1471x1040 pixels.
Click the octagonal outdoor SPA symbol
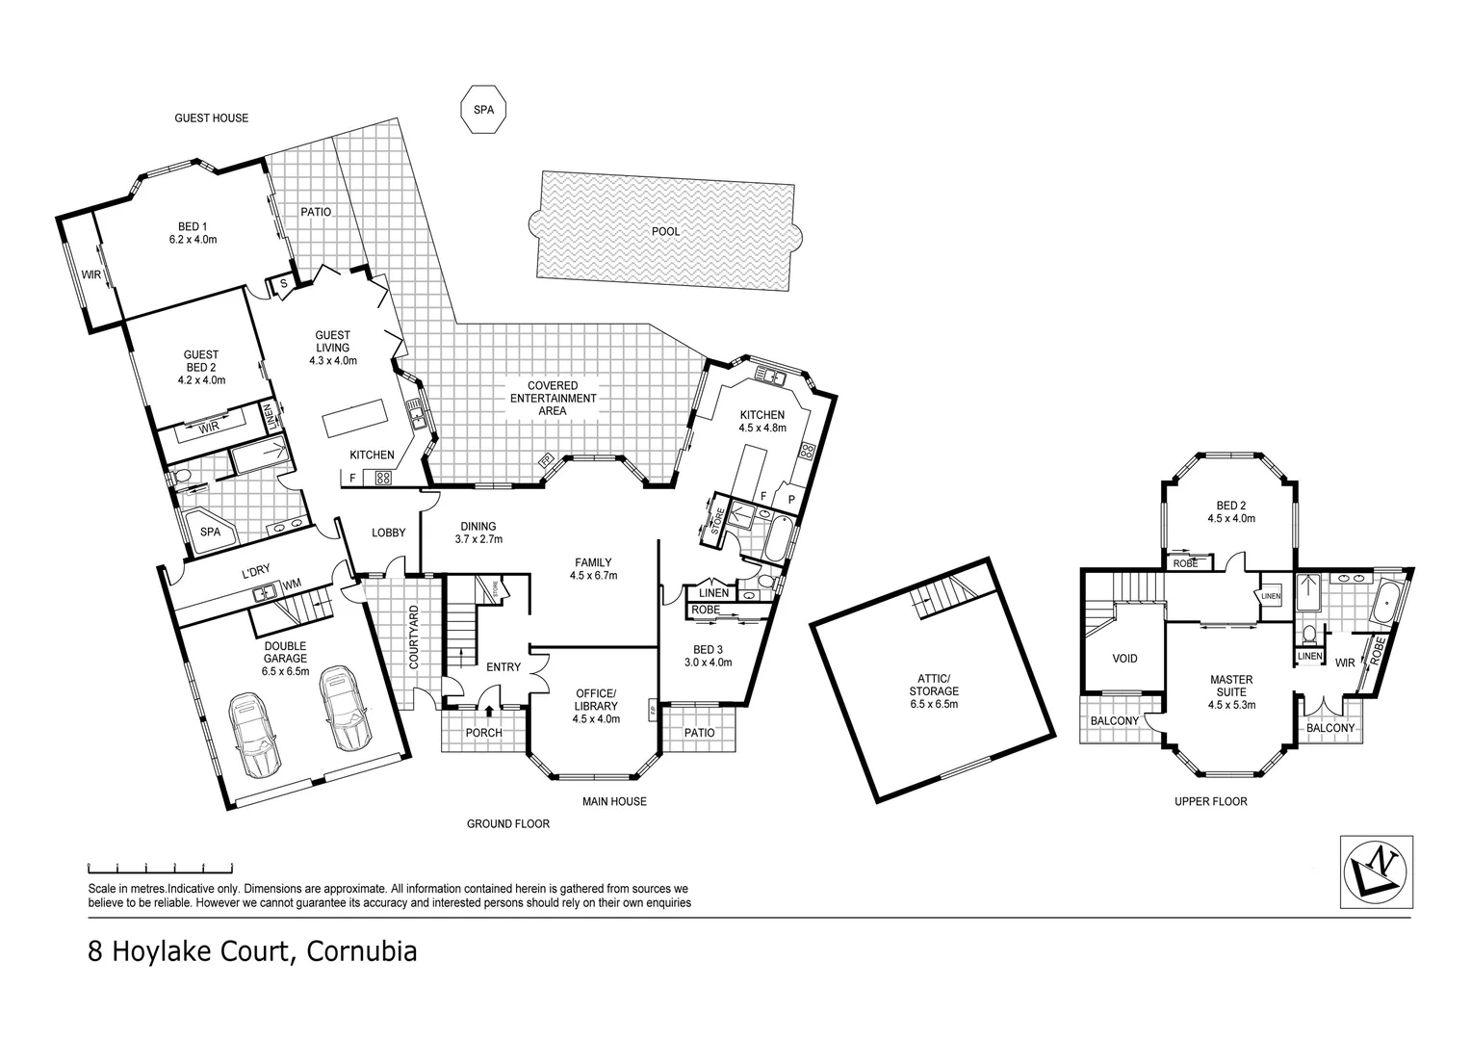(482, 110)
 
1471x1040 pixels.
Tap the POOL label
(665, 231)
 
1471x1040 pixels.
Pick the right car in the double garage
(344, 708)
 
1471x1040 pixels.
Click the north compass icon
(1377, 871)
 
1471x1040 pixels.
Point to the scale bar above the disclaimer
(160, 867)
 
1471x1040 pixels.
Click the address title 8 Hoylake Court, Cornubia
(252, 952)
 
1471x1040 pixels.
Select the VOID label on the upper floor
(1124, 659)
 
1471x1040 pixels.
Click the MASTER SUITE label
(1231, 691)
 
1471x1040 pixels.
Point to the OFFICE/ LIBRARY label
(595, 705)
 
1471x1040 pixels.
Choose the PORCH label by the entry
(483, 733)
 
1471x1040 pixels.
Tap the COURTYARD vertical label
(414, 637)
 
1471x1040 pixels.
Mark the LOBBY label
(389, 533)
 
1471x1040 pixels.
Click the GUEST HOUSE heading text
(211, 118)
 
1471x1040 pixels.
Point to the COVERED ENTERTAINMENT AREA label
(553, 398)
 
